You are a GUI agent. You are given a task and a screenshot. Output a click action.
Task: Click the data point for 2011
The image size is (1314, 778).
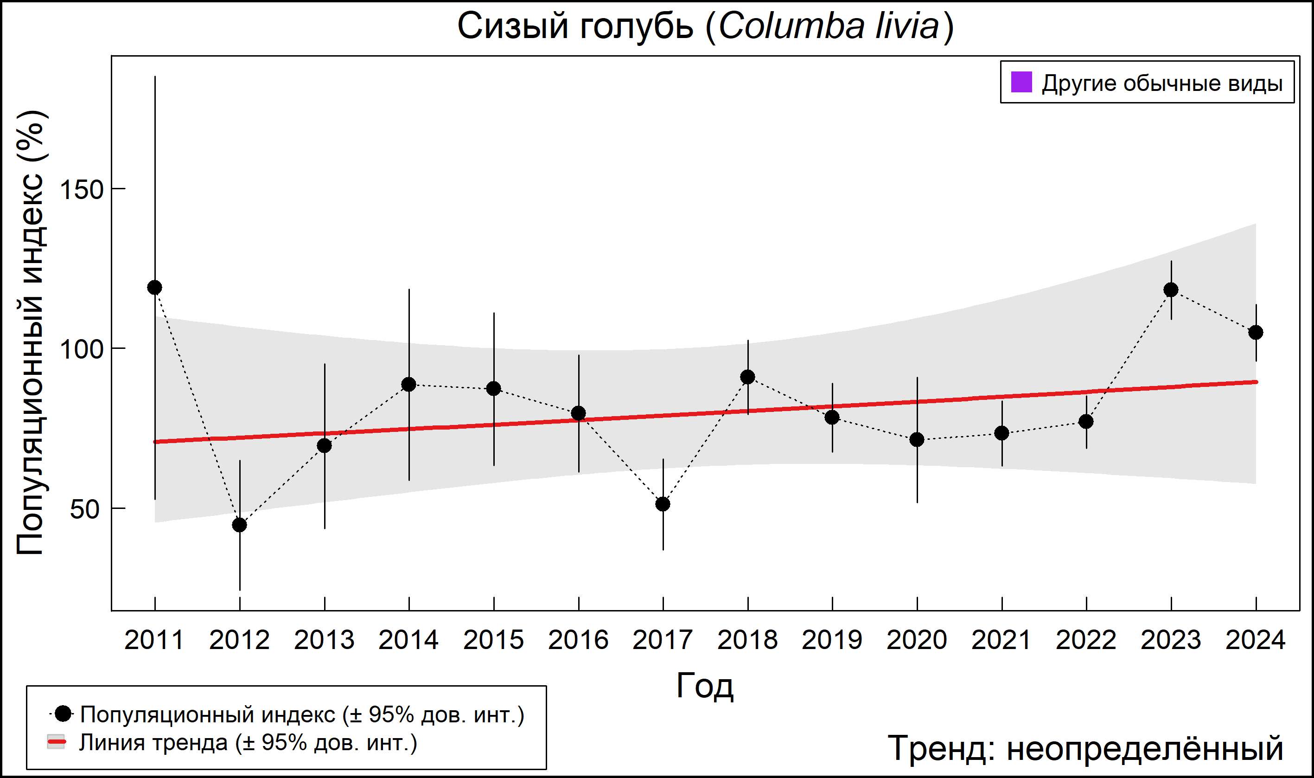tap(154, 287)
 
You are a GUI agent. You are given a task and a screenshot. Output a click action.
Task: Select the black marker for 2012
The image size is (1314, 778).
tap(239, 525)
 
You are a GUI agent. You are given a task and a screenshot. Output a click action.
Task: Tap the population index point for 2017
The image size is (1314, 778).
tap(663, 504)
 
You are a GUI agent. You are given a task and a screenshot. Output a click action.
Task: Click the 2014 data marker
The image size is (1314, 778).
tap(408, 385)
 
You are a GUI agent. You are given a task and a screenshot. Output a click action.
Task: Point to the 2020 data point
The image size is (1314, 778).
tap(917, 439)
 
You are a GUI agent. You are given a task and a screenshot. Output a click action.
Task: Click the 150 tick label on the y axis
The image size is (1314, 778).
tap(82, 189)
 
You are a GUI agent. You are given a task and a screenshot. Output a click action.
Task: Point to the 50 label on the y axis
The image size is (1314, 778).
tap(85, 509)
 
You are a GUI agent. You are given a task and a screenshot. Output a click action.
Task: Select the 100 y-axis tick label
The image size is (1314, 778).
tap(82, 349)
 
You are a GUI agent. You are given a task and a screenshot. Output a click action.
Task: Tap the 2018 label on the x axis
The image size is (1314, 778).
tap(747, 640)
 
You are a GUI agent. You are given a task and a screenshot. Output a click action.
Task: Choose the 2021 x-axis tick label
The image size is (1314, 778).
tap(1001, 640)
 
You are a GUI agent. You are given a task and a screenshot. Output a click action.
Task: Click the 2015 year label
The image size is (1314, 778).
tap(493, 640)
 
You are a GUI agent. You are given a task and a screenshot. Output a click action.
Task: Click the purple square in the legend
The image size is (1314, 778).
tap(1021, 82)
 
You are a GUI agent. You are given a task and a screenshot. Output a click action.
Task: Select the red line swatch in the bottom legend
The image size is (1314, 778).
tap(57, 742)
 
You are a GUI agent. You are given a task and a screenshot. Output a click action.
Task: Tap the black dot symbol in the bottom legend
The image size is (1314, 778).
tap(63, 714)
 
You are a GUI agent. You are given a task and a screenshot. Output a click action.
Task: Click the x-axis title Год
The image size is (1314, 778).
tap(705, 686)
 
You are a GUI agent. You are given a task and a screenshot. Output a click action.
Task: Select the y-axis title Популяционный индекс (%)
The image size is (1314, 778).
tap(31, 334)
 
